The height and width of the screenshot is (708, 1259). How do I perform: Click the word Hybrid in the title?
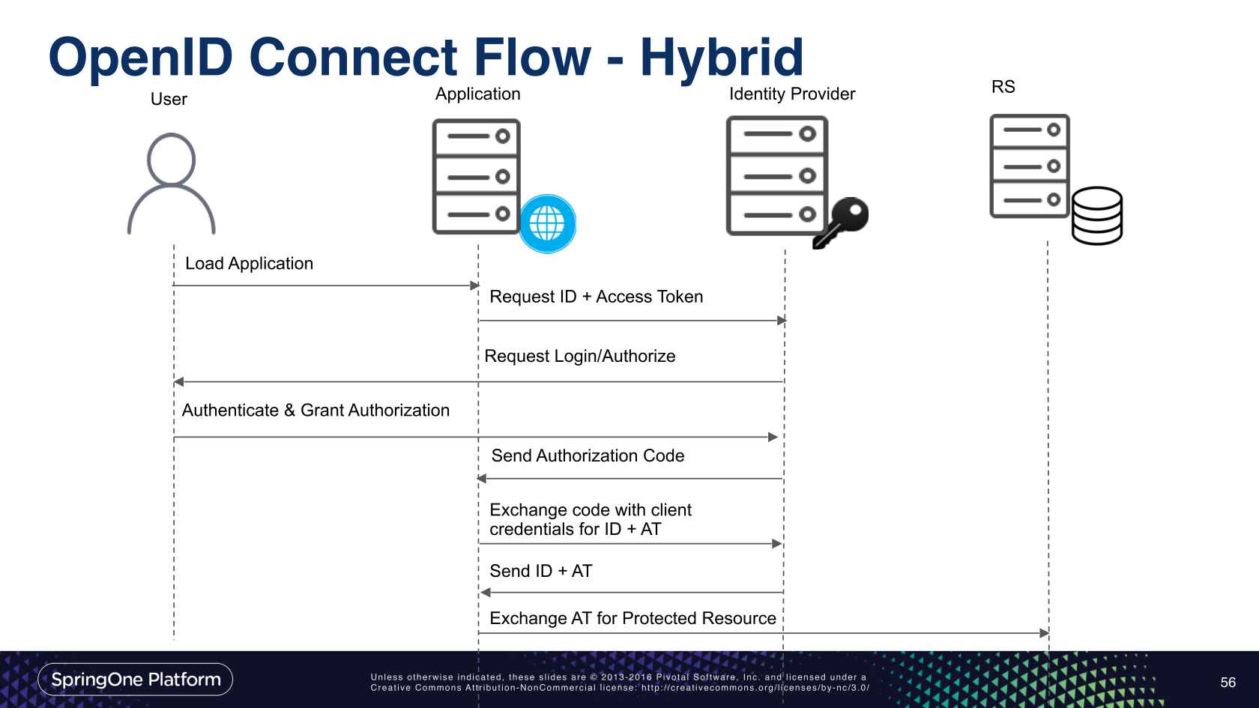(x=721, y=57)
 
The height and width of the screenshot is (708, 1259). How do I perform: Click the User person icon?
(x=172, y=184)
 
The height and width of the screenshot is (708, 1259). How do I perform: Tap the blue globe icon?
(x=548, y=223)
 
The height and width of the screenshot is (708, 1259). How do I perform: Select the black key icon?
(x=841, y=223)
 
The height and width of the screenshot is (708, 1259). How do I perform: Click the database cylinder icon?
(x=1096, y=216)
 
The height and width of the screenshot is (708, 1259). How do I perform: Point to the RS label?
(x=1003, y=87)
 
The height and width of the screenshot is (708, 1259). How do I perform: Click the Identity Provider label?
(x=792, y=94)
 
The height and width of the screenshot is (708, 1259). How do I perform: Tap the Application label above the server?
(x=477, y=94)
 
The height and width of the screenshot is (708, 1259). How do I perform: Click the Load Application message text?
(x=249, y=264)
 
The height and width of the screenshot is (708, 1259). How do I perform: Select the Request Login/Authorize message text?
(x=579, y=356)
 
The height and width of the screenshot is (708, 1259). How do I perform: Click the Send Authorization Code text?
(x=588, y=456)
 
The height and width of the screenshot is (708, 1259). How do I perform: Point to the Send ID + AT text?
(x=540, y=571)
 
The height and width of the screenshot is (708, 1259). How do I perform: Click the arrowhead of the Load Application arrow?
(x=474, y=285)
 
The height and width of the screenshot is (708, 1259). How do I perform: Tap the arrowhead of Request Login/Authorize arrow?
(x=178, y=382)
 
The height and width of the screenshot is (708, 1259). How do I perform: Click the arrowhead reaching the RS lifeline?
(x=1044, y=633)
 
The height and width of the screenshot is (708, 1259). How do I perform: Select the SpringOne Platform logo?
(x=136, y=680)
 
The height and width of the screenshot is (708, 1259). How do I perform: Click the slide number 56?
(x=1228, y=683)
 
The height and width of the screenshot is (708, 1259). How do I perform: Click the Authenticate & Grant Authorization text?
(x=315, y=411)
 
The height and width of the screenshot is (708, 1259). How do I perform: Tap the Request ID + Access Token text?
(x=596, y=297)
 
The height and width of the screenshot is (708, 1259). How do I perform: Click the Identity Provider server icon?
(x=776, y=175)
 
